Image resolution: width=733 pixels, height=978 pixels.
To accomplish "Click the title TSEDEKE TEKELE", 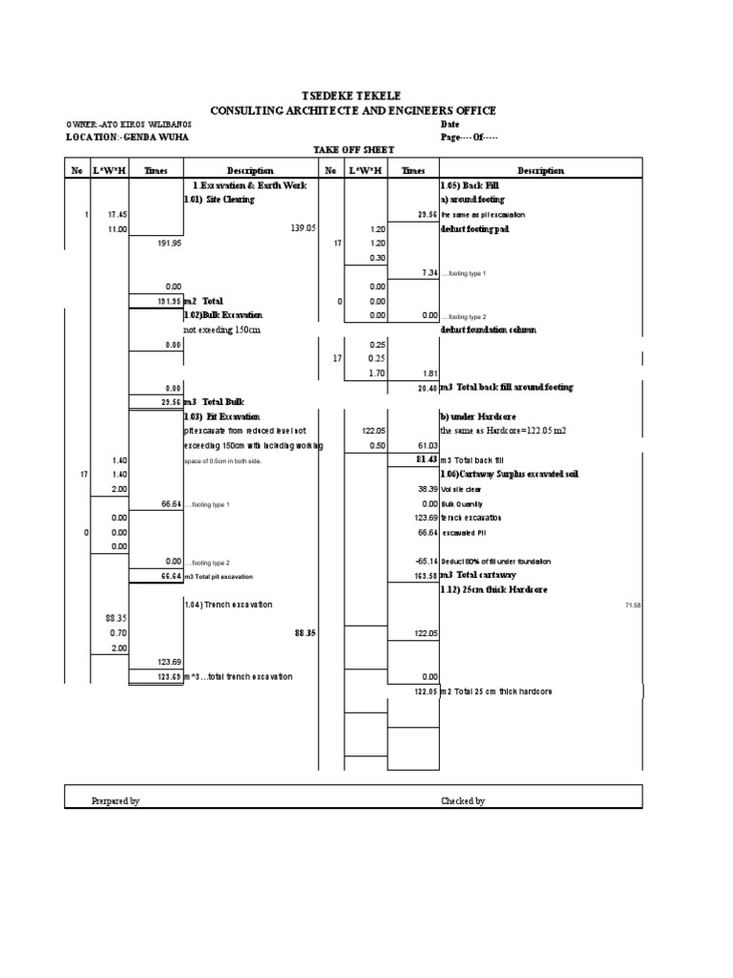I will pos(352,96).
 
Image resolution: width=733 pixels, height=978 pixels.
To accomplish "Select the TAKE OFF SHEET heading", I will pos(353,151).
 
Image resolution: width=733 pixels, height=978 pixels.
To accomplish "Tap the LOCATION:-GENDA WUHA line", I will pos(127,137).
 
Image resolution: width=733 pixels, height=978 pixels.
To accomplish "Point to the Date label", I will pos(450,124).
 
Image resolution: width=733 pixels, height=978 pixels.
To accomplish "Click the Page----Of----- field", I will pos(469,137).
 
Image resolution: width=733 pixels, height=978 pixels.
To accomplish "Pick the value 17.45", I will pos(118,215).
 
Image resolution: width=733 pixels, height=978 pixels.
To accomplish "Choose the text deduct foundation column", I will pos(488,330).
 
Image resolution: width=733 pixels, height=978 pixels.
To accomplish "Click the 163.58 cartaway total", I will pos(425,576).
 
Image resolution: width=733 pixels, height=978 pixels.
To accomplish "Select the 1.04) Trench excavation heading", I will pos(227,605).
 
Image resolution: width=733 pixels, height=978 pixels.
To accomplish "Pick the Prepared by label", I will pos(115,800).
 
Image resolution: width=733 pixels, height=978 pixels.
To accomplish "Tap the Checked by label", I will pos(463,800).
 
